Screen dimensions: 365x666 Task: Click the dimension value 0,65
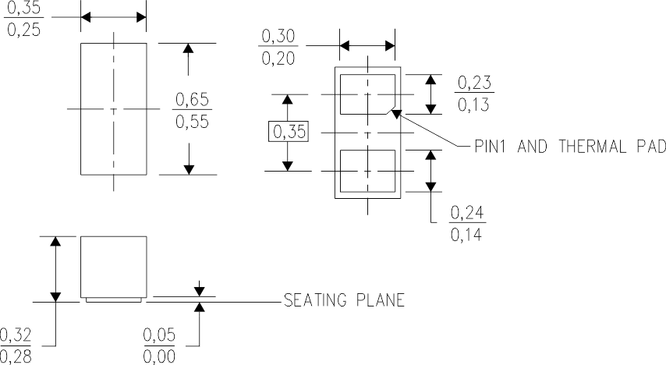pos(192,100)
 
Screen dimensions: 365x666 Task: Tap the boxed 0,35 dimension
pos(288,131)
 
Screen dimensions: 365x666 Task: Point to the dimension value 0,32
pos(16,335)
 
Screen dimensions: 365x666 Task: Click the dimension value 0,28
pos(16,356)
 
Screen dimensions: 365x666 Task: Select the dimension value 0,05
pos(158,335)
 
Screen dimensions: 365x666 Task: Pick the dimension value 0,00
pos(158,356)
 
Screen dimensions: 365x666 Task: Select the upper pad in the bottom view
pos(367,94)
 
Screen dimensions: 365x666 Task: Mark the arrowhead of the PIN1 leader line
pos(397,115)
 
